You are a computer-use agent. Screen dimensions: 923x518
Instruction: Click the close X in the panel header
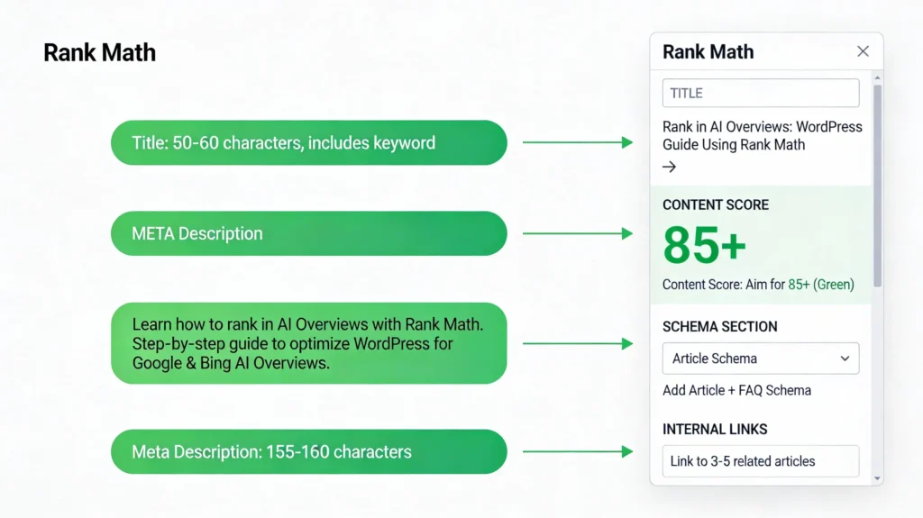click(x=863, y=51)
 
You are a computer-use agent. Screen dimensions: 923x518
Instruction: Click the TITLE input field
click(x=761, y=93)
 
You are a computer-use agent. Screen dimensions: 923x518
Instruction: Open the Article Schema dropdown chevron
click(x=845, y=359)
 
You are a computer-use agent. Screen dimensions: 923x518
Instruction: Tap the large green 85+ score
click(x=705, y=245)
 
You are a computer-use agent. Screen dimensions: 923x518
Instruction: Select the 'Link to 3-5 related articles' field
click(x=761, y=461)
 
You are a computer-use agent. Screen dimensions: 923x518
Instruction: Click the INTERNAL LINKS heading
click(x=715, y=429)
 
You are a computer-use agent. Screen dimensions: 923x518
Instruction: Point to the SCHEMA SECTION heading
click(x=720, y=327)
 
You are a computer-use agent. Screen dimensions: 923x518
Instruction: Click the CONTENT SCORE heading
click(x=716, y=204)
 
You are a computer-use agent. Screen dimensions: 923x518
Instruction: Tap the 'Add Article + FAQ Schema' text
click(x=737, y=390)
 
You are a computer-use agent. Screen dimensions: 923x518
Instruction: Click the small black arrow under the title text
click(x=670, y=168)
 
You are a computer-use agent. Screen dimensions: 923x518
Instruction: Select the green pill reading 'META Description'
click(x=309, y=233)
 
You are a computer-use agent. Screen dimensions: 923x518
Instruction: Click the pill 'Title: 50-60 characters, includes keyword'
click(x=309, y=142)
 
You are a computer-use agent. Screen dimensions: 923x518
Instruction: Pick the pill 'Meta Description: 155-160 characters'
click(x=309, y=451)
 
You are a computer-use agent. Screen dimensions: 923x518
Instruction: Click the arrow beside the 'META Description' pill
click(x=578, y=233)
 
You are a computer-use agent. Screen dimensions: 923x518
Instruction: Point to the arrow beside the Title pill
click(x=578, y=142)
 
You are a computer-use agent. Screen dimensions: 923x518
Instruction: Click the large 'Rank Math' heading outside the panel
click(x=99, y=52)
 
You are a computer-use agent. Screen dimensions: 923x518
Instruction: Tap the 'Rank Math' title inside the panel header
click(x=708, y=52)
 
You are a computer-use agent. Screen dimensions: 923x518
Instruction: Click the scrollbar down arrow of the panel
click(x=878, y=478)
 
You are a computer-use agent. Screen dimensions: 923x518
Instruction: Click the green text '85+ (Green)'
click(x=821, y=285)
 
